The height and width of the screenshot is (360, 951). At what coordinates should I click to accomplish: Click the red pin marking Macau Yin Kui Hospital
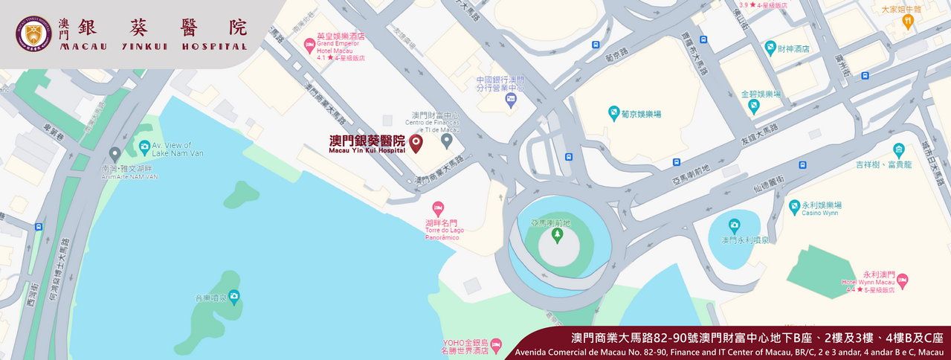coord(416,142)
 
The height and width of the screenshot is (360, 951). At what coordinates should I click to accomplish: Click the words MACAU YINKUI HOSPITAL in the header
coord(154,46)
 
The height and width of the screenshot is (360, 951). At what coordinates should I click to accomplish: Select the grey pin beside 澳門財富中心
coord(446,139)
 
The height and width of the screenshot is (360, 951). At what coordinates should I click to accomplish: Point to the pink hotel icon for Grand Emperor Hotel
coord(309,46)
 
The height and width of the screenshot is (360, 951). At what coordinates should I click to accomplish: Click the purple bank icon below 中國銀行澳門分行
coord(509,100)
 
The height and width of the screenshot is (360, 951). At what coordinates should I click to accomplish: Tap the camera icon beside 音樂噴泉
coord(234,298)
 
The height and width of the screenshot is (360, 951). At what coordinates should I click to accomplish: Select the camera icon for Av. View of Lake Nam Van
coord(144,147)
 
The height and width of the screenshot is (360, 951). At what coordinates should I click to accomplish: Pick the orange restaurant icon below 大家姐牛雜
coord(907,22)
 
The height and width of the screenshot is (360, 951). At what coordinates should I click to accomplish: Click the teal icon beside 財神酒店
coord(771,48)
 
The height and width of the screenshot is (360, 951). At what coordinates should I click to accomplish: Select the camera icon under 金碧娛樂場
coord(755,106)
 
